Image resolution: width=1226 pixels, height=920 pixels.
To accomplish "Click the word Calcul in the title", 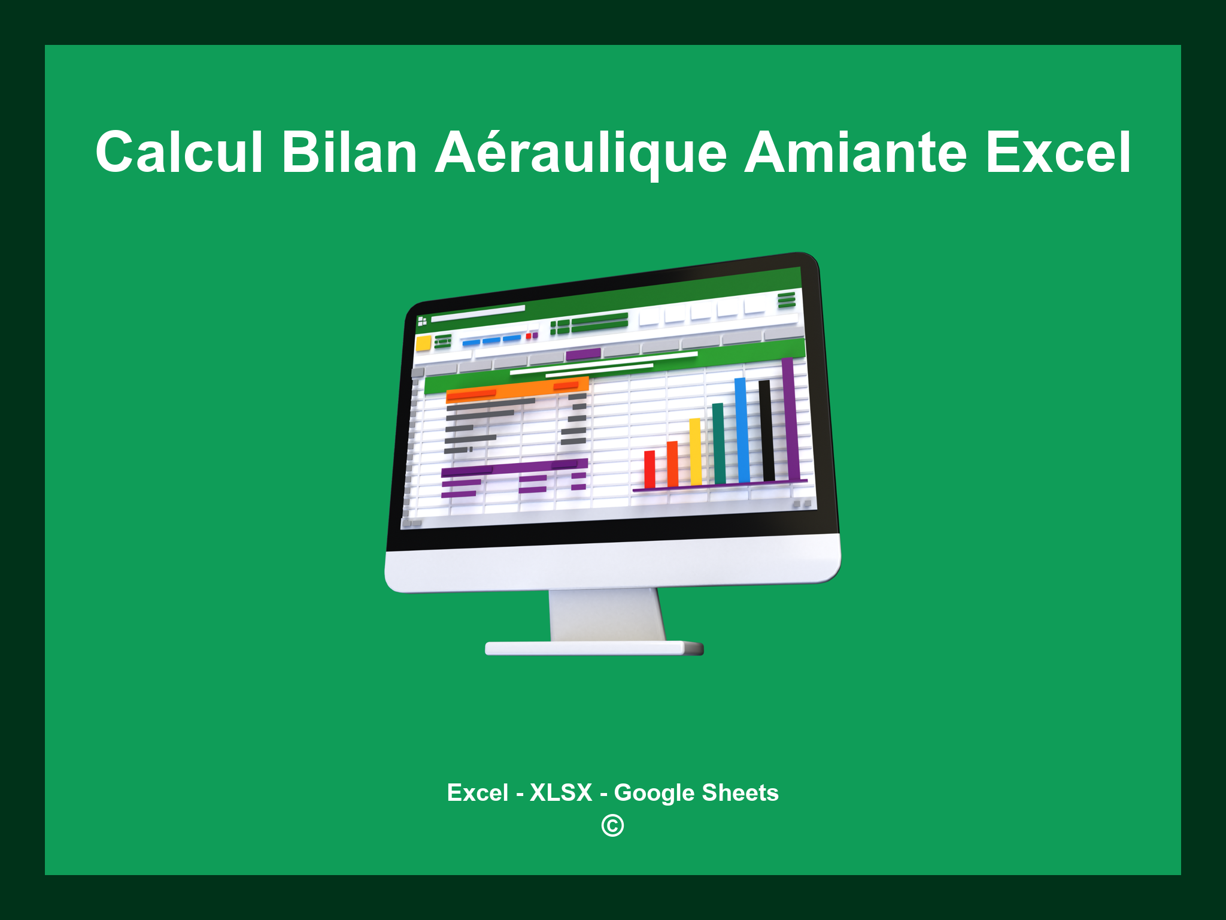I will point(179,153).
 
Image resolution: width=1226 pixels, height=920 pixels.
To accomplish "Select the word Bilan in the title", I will point(349,153).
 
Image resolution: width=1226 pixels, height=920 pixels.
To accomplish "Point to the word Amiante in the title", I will point(855,153).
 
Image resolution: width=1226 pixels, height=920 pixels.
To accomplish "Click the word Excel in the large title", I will point(1058,153).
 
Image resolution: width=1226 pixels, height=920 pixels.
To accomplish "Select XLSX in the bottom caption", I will point(561,792).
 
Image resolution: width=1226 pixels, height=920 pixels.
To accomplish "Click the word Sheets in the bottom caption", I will point(740,792).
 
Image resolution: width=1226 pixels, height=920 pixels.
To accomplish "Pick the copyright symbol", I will point(612,826).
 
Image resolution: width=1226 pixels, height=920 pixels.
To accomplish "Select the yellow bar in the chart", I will point(695,452).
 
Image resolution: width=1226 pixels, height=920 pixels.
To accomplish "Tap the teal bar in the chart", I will point(718,443).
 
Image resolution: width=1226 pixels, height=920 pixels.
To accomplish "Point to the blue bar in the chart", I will point(742,430).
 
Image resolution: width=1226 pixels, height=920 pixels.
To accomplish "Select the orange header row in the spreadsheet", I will point(517,389).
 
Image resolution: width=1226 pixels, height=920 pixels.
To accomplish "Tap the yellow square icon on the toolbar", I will point(423,344).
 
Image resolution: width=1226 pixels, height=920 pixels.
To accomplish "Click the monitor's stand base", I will point(594,648).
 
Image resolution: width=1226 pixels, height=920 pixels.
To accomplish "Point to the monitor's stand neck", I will point(606,615).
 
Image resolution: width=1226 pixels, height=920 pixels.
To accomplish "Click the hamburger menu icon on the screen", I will point(786,299).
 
